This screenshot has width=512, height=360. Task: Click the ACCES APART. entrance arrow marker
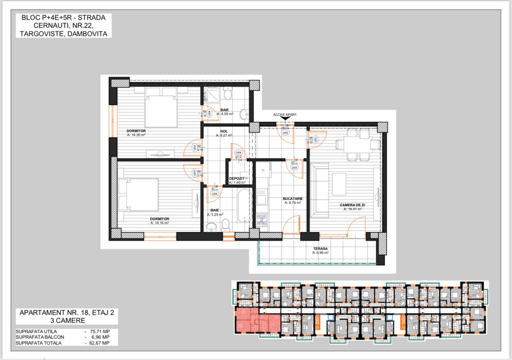coord(286,119)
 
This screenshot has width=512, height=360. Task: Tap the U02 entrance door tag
coord(286,132)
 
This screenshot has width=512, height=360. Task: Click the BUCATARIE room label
coord(292,199)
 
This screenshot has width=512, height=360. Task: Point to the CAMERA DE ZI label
coord(352,205)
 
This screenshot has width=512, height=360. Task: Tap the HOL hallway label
coord(224,131)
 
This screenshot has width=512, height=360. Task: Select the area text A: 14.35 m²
coord(136,135)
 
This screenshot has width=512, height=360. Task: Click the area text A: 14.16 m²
coord(160,223)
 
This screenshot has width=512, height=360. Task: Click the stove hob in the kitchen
coord(262,197)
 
